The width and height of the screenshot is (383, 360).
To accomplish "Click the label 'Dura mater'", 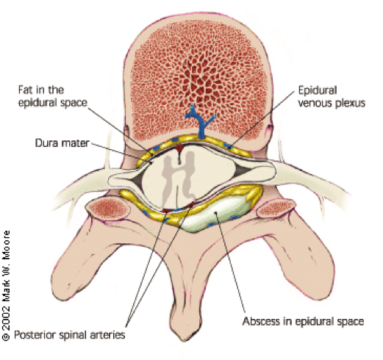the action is (62, 143).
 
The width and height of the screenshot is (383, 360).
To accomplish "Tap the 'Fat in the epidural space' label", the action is (53, 96).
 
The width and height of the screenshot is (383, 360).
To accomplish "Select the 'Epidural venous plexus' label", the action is (332, 96).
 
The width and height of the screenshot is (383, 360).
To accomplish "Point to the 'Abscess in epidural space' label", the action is (303, 321).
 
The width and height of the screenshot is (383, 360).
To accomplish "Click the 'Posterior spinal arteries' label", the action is (70, 334).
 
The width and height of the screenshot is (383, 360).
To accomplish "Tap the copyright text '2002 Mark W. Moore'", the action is (6, 286).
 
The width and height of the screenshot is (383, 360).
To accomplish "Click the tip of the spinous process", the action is (185, 340).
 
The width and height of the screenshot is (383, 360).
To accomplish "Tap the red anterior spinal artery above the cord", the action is (179, 148).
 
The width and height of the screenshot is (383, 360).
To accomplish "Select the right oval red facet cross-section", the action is (276, 209).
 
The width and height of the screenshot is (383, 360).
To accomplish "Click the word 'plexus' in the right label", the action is (350, 103).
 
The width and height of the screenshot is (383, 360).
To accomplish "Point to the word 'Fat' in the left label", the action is (25, 90).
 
